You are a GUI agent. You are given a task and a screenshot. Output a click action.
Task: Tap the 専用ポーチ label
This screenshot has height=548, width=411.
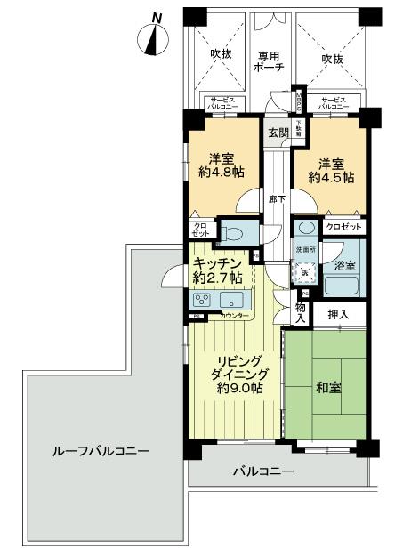(x=269, y=60)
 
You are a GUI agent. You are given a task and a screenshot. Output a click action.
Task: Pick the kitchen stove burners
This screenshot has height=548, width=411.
(x=202, y=301)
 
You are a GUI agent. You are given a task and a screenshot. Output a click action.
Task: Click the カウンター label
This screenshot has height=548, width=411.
(x=234, y=316)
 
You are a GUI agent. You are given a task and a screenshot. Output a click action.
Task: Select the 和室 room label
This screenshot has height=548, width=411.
(x=327, y=388)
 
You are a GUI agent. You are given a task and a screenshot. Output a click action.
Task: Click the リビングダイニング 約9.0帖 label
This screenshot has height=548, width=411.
(x=236, y=375)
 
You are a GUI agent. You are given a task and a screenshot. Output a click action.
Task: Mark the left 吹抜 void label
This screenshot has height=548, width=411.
(x=222, y=55)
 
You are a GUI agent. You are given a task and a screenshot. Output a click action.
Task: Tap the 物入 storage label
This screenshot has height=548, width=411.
(x=302, y=312)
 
